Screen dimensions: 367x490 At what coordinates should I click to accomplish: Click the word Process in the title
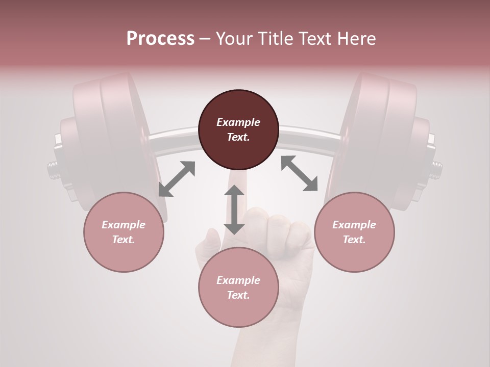pyautogui.click(x=160, y=38)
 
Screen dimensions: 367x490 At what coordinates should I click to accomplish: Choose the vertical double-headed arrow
pyautogui.click(x=234, y=209)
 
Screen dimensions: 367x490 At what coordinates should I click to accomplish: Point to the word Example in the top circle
pyautogui.click(x=238, y=122)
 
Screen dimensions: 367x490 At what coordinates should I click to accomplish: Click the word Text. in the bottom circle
pyautogui.click(x=238, y=295)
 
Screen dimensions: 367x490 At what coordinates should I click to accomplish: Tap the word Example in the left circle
pyautogui.click(x=124, y=225)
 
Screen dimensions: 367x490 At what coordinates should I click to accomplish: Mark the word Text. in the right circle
pyautogui.click(x=354, y=240)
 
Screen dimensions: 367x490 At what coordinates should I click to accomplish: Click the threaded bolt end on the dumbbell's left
pyautogui.click(x=52, y=170)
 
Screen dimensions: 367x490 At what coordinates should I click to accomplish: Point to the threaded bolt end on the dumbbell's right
pyautogui.click(x=437, y=170)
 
